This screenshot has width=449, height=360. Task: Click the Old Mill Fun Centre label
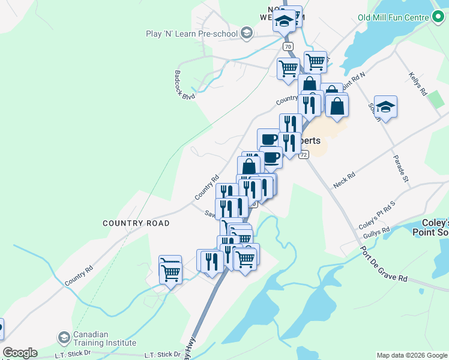pos(393,17)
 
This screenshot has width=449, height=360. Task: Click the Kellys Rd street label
pos(417,85)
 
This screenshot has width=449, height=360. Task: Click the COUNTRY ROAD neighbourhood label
pos(136,223)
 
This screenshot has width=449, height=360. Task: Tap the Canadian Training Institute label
pos(104,339)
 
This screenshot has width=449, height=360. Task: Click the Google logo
pos(20,353)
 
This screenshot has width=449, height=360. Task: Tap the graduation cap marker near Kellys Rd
pos(385,107)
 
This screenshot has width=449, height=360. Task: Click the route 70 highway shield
pos(289,46)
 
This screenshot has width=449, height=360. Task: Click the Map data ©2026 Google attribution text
pos(411,355)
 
